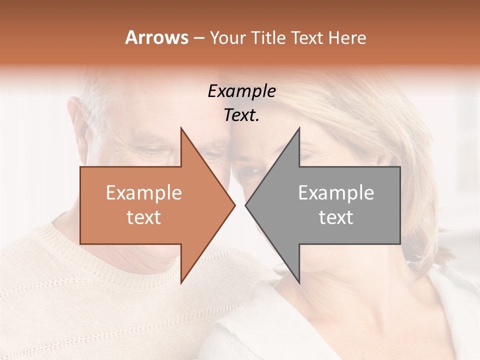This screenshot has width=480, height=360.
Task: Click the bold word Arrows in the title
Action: [156, 38]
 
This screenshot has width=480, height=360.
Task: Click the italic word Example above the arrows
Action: [241, 91]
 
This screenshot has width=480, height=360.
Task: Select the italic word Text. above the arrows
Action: [241, 115]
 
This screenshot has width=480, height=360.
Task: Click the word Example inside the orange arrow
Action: [143, 193]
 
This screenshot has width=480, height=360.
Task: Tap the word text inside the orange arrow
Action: [143, 217]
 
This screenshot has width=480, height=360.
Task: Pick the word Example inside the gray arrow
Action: [336, 193]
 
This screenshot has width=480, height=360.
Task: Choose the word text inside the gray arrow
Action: [336, 217]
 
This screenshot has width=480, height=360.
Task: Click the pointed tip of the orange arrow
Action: [234, 205]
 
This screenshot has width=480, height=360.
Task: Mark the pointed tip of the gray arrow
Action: [245, 205]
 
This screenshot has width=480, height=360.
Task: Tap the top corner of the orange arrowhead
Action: [181, 128]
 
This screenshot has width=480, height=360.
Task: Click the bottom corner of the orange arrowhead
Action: [181, 283]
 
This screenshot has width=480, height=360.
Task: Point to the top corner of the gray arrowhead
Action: [299, 128]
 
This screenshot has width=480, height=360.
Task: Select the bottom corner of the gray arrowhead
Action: [299, 283]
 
